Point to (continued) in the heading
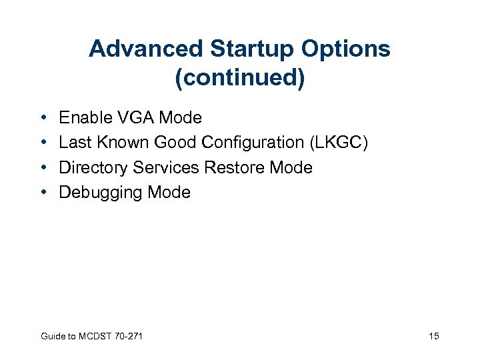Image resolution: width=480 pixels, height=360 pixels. (239, 77)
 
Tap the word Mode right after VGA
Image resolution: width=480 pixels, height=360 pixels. (180, 118)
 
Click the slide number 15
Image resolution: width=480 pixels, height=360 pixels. (434, 336)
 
